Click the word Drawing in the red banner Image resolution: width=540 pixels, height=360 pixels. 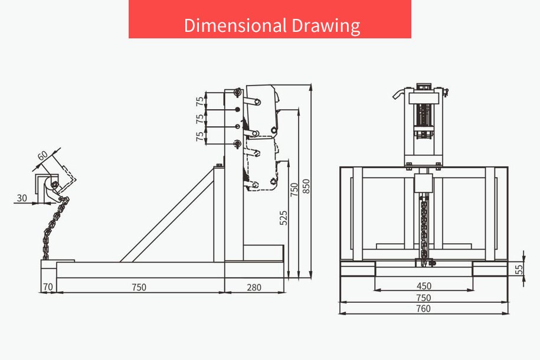coord(326,26)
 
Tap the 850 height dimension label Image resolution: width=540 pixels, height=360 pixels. coord(306,186)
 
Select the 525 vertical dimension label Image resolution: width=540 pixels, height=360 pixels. coord(283,218)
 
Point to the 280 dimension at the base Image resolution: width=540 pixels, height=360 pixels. coord(254,287)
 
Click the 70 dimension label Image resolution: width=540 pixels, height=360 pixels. coord(48,287)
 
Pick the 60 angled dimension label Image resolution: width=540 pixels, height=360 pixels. coord(42,156)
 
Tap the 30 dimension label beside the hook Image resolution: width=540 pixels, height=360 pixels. coord(22,198)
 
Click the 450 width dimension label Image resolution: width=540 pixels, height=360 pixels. coord(424,286)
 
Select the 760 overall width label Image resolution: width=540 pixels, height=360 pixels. coord(423,308)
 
